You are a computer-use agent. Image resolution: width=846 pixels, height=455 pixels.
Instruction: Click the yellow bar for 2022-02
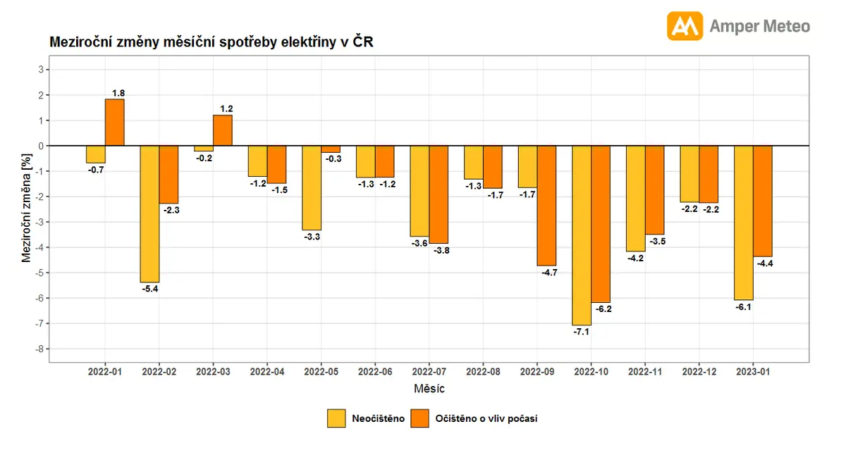coord(149,214)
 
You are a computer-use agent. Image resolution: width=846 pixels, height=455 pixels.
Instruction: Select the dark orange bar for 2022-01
coord(115,123)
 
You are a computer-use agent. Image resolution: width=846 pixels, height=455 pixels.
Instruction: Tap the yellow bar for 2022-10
coord(582,235)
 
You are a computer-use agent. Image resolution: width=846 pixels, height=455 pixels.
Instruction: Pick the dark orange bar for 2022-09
coord(546,206)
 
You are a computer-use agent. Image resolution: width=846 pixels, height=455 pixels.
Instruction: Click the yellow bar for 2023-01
coord(744,223)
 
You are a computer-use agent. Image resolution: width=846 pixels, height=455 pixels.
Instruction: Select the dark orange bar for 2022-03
coord(223,130)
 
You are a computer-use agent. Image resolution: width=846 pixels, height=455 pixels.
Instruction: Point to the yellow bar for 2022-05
coord(312,188)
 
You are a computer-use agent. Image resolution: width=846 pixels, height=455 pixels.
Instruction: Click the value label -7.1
coord(581,332)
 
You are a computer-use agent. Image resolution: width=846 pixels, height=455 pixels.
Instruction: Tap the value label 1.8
coord(118,93)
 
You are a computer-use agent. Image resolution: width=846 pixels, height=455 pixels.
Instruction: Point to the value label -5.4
coord(150,289)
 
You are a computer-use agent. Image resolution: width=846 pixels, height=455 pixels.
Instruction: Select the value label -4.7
coord(549,273)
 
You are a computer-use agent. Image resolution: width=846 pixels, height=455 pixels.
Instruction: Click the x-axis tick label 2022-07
coord(429,372)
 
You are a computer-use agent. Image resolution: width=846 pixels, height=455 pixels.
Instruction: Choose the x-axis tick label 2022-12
coord(699,372)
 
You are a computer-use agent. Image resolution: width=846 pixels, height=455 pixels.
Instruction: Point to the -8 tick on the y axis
coord(39,349)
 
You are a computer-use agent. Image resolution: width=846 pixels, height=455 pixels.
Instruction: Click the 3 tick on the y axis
coord(41,70)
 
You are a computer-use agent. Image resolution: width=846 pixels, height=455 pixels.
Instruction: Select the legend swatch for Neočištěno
coord(336,418)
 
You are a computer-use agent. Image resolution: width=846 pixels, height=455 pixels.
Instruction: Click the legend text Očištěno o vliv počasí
coord(486,418)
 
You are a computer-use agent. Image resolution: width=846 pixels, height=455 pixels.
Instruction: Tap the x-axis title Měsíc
coord(429,388)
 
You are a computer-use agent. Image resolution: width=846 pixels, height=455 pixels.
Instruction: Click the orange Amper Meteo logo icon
coord(685,25)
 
